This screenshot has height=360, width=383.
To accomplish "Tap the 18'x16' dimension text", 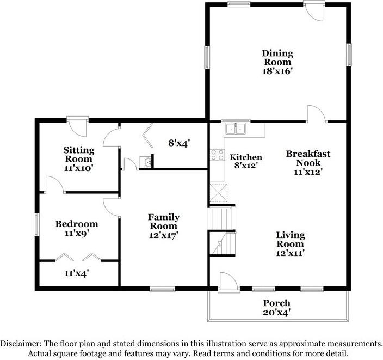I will point(277,71).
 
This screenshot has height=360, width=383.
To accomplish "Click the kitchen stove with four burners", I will point(218,155).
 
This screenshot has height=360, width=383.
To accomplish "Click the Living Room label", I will point(290,240).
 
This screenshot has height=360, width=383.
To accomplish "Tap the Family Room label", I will point(164,222).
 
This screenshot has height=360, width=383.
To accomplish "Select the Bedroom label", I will point(77,224).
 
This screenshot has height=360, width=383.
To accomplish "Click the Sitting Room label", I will point(79,154).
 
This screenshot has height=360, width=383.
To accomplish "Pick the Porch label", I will point(277,303).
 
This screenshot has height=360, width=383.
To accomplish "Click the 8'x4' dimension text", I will point(178,144).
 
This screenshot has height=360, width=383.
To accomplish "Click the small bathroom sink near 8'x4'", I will point(145,162).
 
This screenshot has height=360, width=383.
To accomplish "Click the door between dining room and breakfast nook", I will point(316,113).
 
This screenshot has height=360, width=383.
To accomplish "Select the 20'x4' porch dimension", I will point(277,313).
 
